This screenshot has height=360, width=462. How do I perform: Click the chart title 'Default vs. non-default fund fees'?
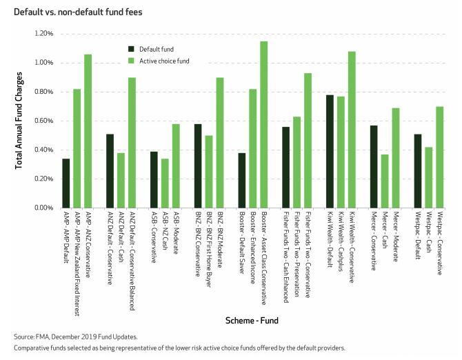click(68, 8)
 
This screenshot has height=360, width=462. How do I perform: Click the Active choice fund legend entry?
click(162, 60)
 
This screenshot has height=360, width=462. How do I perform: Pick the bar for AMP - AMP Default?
click(66, 183)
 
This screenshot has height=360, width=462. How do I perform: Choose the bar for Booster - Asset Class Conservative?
click(264, 124)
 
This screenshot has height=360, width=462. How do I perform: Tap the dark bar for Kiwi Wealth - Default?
click(330, 151)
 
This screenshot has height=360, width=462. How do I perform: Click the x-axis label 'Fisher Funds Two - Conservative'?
click(308, 249)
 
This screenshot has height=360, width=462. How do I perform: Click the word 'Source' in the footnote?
click(25, 337)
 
